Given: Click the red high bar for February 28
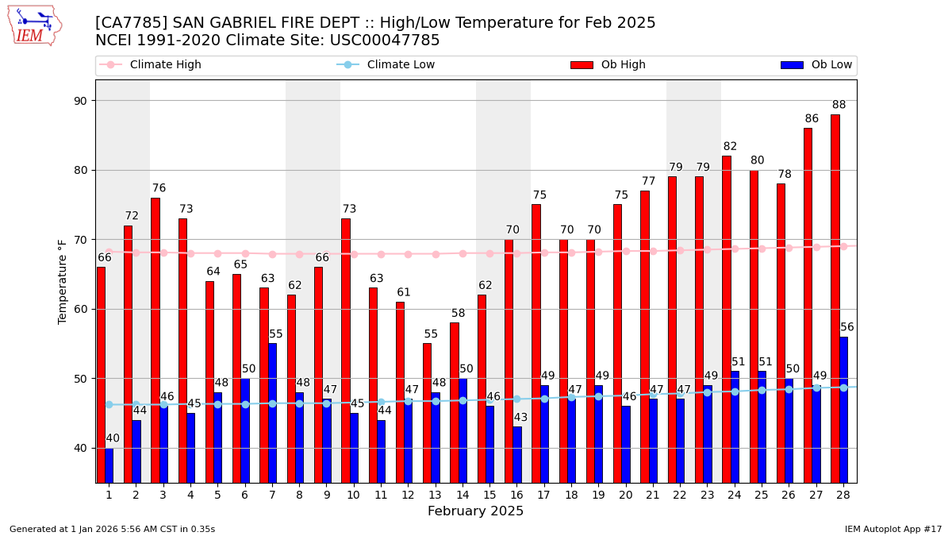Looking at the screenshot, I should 835,298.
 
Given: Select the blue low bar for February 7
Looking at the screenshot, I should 272,412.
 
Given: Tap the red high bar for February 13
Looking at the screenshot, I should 427,412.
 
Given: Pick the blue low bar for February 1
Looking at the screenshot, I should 109,465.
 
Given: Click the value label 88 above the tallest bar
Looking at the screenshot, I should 839,105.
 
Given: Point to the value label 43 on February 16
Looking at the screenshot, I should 520,418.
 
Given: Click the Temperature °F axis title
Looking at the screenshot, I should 63,281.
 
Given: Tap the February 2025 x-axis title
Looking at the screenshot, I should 476,511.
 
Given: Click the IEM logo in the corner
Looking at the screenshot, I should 34,25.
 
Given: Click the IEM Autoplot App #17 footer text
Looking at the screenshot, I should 892,529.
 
